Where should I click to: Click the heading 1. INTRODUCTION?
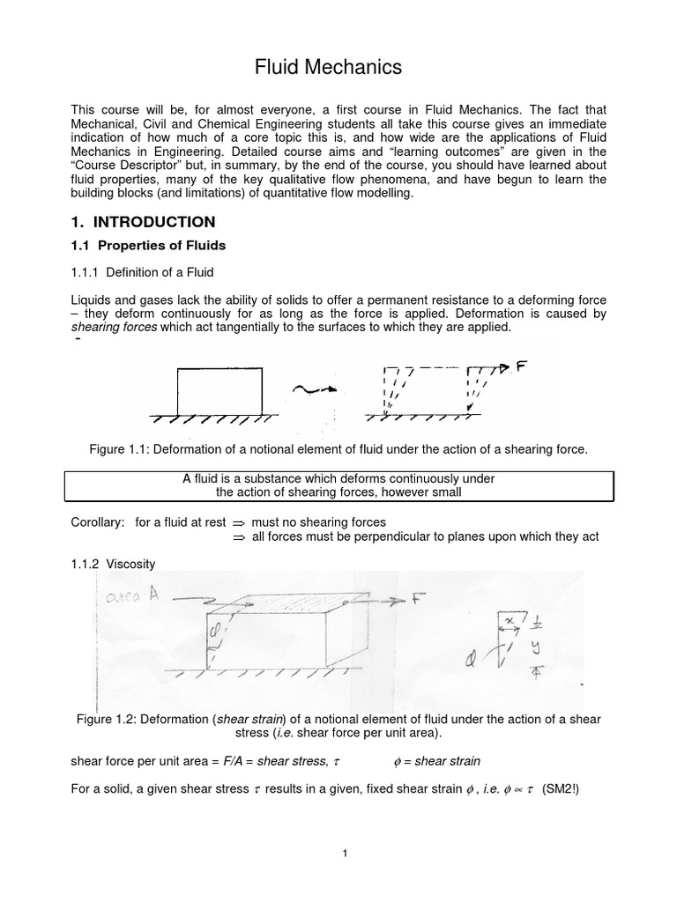[x=143, y=221]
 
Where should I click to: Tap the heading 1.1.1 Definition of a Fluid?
[x=142, y=272]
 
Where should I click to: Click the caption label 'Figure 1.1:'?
[x=121, y=450]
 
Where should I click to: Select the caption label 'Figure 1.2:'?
[x=108, y=718]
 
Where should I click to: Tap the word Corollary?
[x=98, y=522]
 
